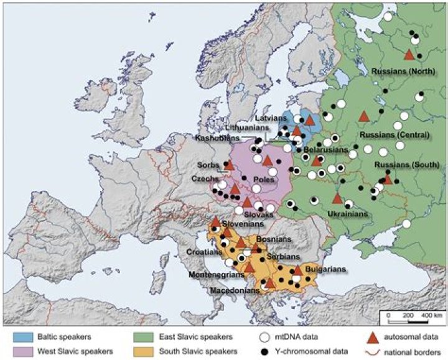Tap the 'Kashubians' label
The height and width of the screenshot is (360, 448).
click(x=216, y=137)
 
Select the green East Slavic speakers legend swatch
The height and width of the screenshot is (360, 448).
click(x=142, y=336)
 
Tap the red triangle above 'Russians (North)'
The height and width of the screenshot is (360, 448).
click(x=409, y=55)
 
